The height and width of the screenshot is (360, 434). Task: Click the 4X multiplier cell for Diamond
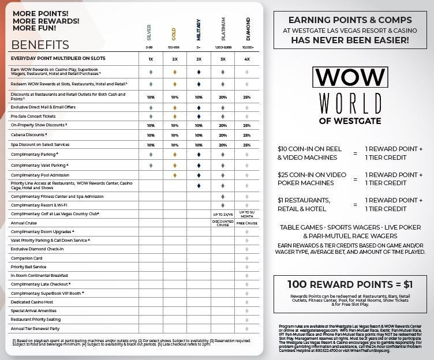coord(247,59)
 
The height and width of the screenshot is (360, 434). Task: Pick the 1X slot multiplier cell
coord(150,59)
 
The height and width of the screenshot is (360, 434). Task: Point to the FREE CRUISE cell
coord(247,223)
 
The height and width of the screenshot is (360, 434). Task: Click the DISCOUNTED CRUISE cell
coord(223,223)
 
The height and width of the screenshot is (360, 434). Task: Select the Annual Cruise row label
coord(24,223)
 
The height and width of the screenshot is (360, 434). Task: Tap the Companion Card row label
coord(27,258)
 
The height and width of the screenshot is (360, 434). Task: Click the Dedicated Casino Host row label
coord(32,302)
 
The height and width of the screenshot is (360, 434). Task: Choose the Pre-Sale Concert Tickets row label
coord(33,116)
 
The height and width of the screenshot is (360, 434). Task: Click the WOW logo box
coord(349,77)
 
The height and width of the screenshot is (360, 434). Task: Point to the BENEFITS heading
coord(40,45)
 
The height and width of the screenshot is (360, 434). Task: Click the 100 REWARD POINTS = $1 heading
coord(350,284)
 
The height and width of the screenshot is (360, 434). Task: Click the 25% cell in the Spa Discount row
coord(247,145)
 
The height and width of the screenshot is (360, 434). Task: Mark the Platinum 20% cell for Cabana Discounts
coord(223,135)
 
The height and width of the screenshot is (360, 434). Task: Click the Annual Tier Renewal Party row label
coord(35,328)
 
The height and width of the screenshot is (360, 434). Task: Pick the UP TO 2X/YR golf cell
coord(223,213)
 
